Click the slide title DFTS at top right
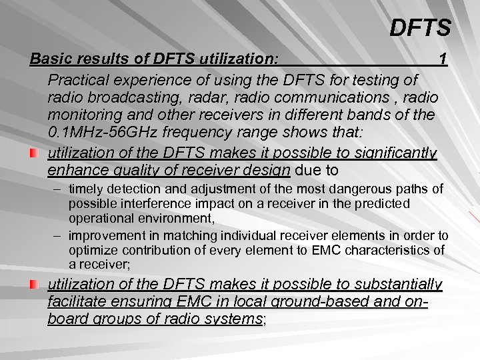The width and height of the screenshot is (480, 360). [420, 28]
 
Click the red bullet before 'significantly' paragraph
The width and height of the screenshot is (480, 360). [35, 155]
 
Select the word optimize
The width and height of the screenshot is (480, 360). [94, 250]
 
